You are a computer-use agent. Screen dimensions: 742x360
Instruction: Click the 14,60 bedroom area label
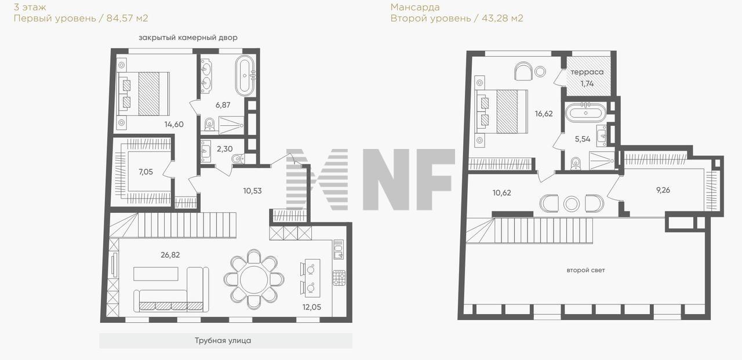[x=174, y=125]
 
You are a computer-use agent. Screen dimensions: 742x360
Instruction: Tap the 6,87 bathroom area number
[x=223, y=105]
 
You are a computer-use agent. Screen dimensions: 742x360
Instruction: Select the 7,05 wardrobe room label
[x=146, y=172]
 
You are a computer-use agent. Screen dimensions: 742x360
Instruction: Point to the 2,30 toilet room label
[x=224, y=149]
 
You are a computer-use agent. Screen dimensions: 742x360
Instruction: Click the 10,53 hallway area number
[x=252, y=191]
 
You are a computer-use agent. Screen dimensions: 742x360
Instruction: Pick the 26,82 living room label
[x=170, y=254]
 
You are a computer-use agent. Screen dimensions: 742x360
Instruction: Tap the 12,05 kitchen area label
[x=312, y=307]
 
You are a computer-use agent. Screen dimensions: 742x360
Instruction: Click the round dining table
[x=254, y=281]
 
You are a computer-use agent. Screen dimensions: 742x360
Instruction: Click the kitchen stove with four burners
[x=339, y=278]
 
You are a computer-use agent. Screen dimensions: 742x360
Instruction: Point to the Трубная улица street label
[x=223, y=340]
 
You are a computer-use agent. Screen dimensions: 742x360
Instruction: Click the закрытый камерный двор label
[x=188, y=38]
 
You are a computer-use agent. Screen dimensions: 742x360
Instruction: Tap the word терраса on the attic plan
[x=587, y=72]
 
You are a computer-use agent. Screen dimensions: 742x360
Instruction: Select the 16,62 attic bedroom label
[x=544, y=114]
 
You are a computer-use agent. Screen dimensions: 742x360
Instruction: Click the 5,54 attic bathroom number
[x=583, y=139]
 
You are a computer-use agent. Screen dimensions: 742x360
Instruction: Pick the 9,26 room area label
[x=663, y=190]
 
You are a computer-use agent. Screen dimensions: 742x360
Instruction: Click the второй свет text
[x=585, y=270]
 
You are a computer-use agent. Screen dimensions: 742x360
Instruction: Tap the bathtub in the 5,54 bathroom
[x=585, y=113]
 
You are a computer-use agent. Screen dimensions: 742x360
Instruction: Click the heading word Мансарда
[x=415, y=7]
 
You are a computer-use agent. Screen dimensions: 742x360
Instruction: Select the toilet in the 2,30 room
[x=238, y=159]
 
